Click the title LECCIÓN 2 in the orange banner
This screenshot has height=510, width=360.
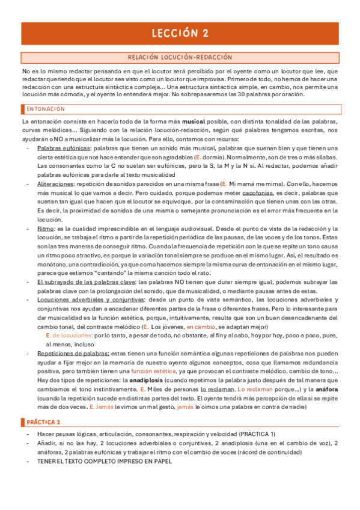point(180,32)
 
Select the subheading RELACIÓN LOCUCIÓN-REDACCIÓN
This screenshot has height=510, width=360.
point(180,58)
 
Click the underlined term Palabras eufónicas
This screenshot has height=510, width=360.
point(63,148)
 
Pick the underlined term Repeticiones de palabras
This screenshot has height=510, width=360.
point(73,354)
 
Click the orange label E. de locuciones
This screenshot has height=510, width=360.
point(69,335)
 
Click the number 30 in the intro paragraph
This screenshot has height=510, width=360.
point(245,95)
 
